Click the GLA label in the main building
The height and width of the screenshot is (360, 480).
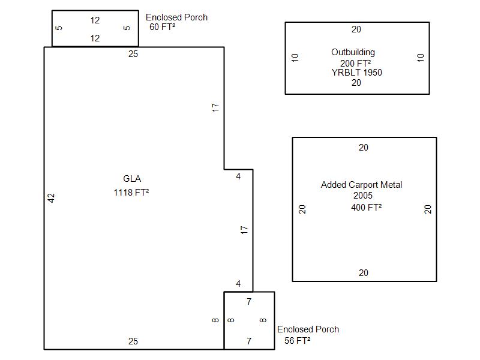[132, 179]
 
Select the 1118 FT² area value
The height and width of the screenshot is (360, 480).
[131, 193]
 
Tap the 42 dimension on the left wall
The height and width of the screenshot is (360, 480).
[52, 197]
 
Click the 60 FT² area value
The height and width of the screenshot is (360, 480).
[163, 27]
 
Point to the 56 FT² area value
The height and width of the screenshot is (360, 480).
[297, 341]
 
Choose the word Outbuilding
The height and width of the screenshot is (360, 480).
[353, 52]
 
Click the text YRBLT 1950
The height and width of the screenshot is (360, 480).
[356, 73]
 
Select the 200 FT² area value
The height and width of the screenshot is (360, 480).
[356, 63]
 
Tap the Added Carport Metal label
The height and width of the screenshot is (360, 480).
[361, 185]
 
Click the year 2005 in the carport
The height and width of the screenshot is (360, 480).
[363, 196]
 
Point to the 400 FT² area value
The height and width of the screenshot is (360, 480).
[367, 208]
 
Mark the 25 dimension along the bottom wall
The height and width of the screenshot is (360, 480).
[133, 341]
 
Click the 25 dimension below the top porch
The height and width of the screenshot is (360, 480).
[133, 54]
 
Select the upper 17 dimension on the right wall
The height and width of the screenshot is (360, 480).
[216, 108]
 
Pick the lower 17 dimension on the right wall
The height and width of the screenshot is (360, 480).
[244, 229]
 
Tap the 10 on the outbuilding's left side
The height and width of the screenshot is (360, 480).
[295, 58]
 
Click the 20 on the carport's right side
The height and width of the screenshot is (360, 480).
[428, 209]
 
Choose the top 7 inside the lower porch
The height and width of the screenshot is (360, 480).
[249, 301]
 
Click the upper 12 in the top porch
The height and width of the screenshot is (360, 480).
[95, 20]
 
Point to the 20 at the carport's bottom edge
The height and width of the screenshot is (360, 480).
[364, 273]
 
